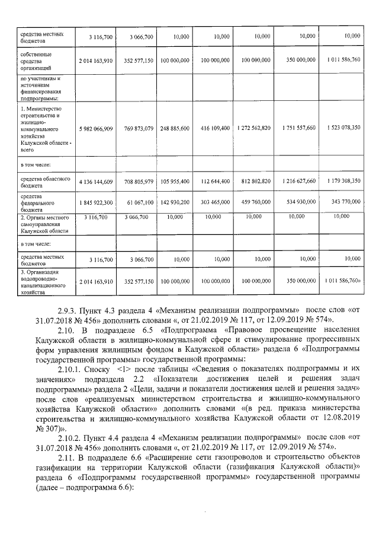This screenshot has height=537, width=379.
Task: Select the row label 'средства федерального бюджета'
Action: point(37,202)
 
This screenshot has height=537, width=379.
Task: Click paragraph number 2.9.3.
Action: point(69,310)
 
